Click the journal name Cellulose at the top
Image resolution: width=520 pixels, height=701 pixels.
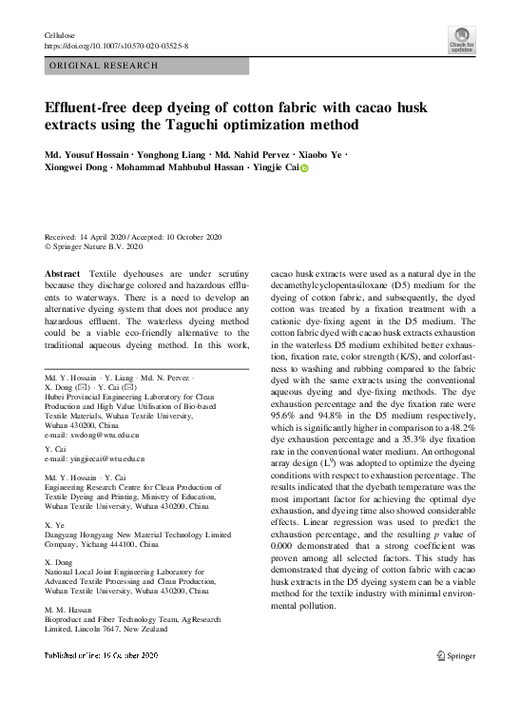[x=59, y=35]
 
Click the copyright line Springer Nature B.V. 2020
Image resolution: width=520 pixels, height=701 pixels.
[x=97, y=245]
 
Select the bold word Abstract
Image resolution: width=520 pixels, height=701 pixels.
[x=63, y=273]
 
